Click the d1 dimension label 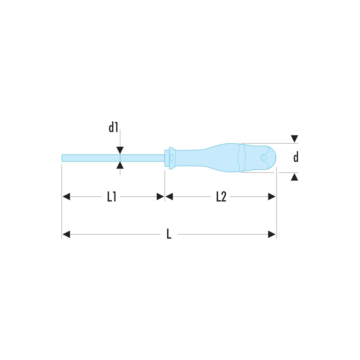tap(113, 127)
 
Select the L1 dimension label tap(112, 197)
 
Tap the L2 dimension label tap(221, 197)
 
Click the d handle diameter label tap(296, 157)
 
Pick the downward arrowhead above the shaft tap(120, 150)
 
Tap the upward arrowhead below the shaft tap(120, 165)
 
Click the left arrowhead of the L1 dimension tap(66, 197)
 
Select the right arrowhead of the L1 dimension tap(160, 197)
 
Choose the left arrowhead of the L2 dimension tap(169, 197)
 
